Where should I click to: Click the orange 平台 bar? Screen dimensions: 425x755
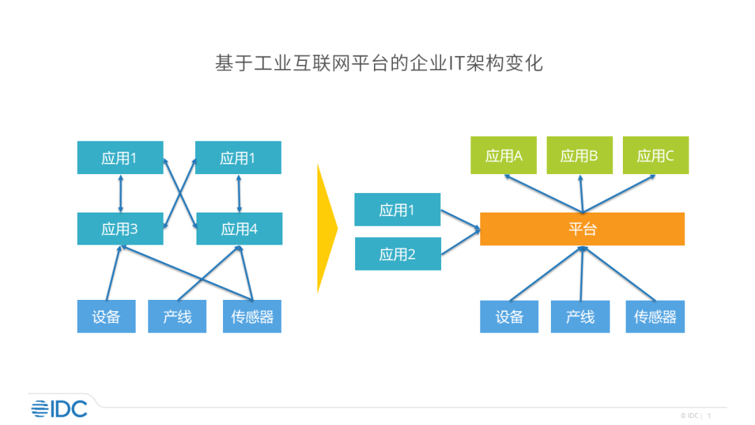[x=582, y=229]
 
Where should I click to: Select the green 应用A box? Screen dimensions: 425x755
[x=504, y=155]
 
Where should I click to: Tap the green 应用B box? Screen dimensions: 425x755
[x=579, y=155]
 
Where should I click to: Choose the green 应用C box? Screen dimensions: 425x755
[x=655, y=155]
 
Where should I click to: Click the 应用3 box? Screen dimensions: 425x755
[x=120, y=229]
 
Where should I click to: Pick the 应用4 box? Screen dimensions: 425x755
[x=239, y=229]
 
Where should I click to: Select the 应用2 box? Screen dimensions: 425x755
[x=397, y=254]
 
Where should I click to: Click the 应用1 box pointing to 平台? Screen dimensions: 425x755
[x=397, y=210]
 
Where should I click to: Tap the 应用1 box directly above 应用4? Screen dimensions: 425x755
[x=238, y=158]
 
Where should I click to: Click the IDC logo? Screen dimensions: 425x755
[x=59, y=408]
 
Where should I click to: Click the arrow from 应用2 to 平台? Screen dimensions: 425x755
[x=460, y=241]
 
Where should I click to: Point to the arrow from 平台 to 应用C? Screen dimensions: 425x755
[x=619, y=192]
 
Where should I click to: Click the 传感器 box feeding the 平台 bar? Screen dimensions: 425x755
[x=655, y=317]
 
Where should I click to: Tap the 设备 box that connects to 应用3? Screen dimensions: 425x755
[x=106, y=317]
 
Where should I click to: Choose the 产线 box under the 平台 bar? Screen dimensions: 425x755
[x=580, y=317]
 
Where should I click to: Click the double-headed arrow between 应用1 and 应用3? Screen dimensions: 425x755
[x=120, y=194]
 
